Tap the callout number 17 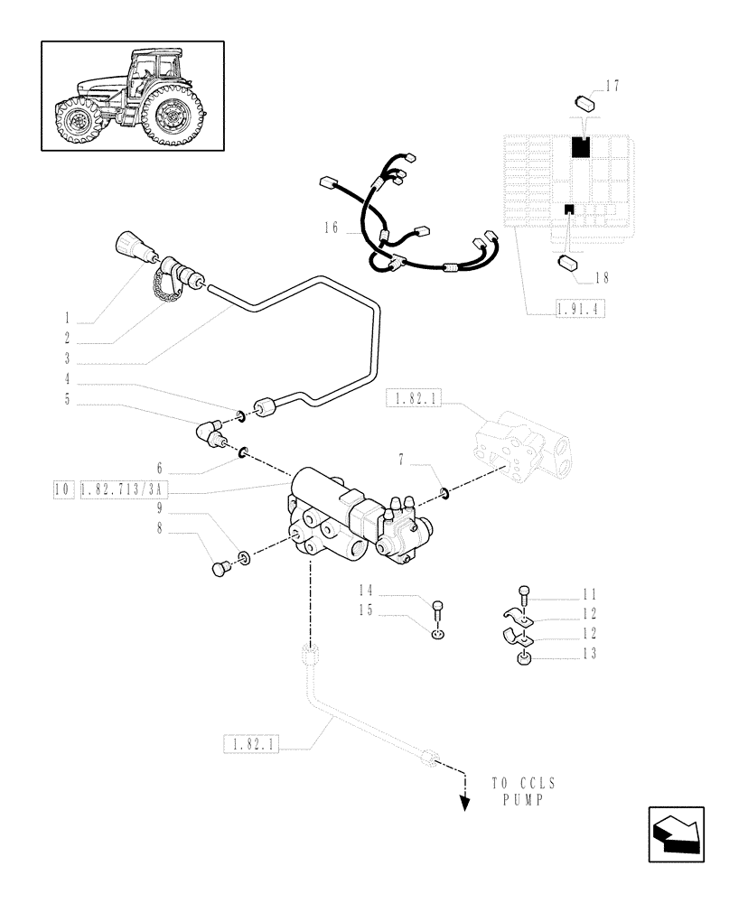tap(612, 86)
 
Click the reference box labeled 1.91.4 tap(578, 309)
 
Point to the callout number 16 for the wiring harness tap(329, 229)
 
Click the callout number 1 tap(66, 319)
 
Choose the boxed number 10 tap(62, 490)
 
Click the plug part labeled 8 tap(218, 568)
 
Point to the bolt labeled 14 tap(438, 607)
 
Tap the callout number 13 tap(589, 654)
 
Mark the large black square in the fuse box tap(580, 146)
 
